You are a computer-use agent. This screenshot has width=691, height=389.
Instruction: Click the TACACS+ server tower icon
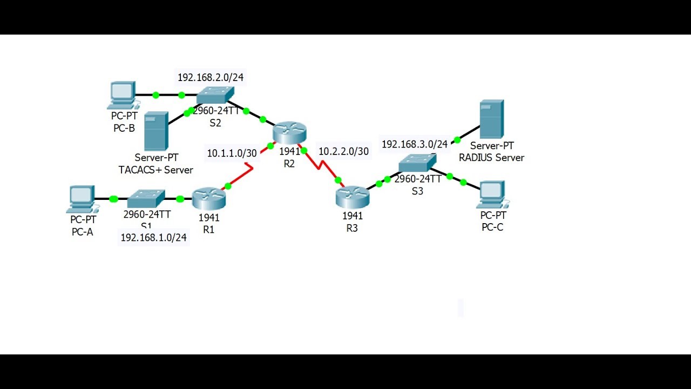click(156, 131)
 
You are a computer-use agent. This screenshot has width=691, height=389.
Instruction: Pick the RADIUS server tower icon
click(491, 119)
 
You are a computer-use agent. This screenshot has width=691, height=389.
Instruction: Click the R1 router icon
click(208, 199)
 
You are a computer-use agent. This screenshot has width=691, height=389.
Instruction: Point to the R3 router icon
click(352, 197)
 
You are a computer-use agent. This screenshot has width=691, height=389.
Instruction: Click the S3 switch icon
click(417, 162)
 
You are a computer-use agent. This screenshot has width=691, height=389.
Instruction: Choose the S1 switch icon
click(146, 199)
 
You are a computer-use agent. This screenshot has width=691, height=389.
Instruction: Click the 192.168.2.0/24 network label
click(211, 77)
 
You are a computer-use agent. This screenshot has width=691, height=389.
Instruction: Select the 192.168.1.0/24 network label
click(153, 237)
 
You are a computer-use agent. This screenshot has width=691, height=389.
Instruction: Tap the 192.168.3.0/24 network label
click(415, 144)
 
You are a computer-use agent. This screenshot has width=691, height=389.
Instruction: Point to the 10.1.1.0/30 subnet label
click(232, 153)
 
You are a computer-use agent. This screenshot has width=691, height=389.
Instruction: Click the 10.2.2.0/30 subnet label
click(343, 151)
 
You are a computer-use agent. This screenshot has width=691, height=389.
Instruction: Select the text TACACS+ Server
click(155, 170)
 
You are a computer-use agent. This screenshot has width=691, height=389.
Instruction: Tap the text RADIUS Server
click(491, 158)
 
